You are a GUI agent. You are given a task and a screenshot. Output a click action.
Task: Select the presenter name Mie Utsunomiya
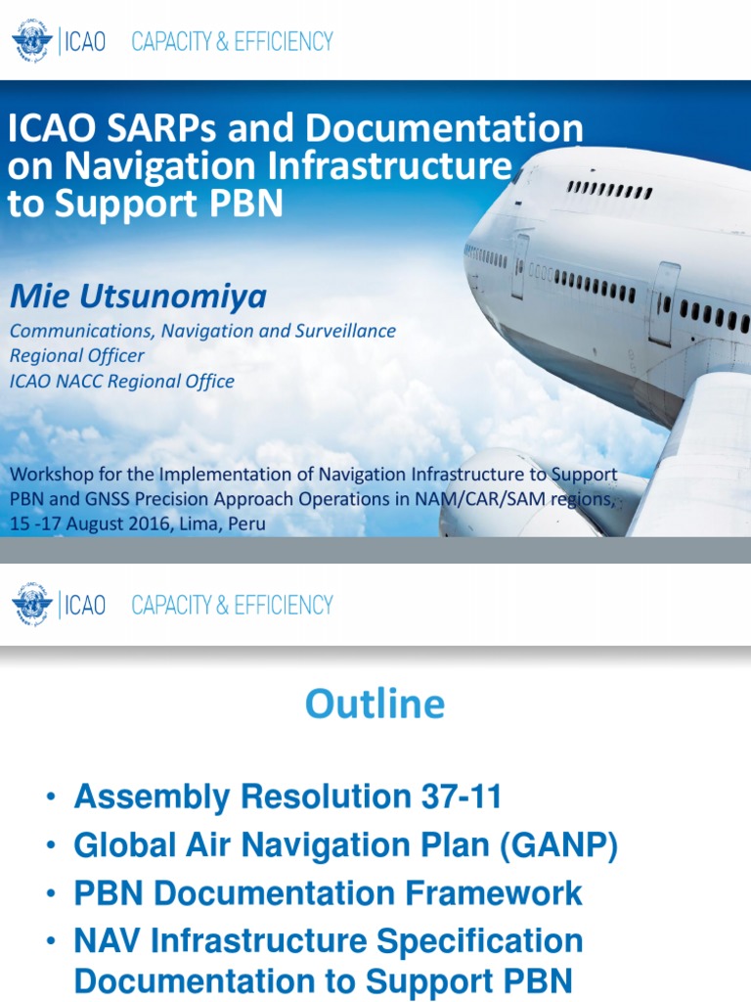pyautogui.click(x=138, y=295)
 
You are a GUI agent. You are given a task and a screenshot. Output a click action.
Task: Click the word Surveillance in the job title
pyautogui.click(x=343, y=331)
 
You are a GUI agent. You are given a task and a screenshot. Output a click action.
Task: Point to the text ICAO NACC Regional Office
pyautogui.click(x=122, y=382)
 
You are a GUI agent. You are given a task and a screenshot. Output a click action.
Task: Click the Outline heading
pyautogui.click(x=375, y=704)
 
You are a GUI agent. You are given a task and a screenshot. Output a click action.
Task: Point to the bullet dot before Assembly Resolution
pyautogui.click(x=50, y=799)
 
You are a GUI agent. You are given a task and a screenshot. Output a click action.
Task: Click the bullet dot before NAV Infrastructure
pyautogui.click(x=50, y=943)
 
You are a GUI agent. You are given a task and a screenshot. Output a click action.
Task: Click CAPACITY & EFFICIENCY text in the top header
pyautogui.click(x=232, y=42)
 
